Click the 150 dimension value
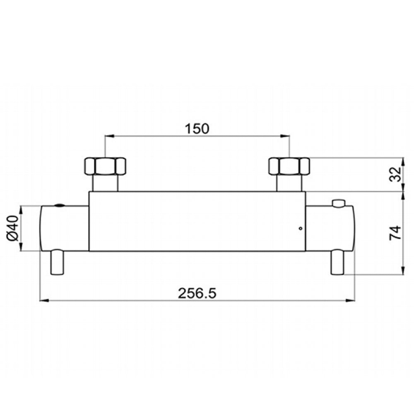197,129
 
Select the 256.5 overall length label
197,293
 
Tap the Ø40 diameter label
13,228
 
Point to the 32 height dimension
395,174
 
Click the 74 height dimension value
395,233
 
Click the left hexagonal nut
105,166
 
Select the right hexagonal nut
289,166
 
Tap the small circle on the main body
300,229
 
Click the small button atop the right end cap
339,203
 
